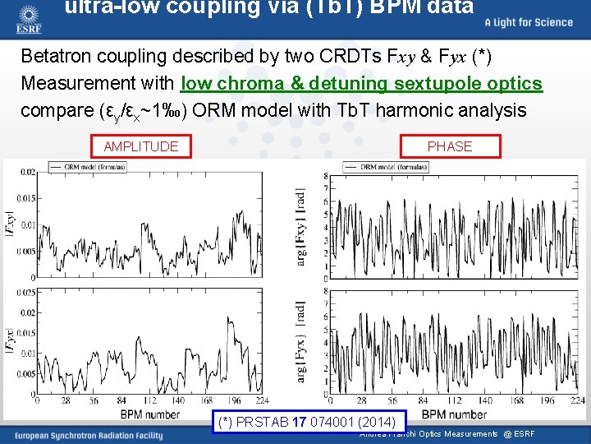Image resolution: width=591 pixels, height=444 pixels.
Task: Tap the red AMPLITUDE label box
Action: coord(140,146)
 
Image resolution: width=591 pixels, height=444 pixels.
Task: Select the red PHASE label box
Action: coord(450,146)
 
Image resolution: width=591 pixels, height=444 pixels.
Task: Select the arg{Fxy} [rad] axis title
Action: coord(302,224)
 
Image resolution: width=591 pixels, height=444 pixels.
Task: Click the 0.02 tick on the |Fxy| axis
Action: coord(27,171)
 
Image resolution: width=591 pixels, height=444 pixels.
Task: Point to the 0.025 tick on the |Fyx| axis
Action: coord(25,292)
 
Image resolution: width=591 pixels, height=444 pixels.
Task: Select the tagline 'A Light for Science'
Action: coord(529,22)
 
